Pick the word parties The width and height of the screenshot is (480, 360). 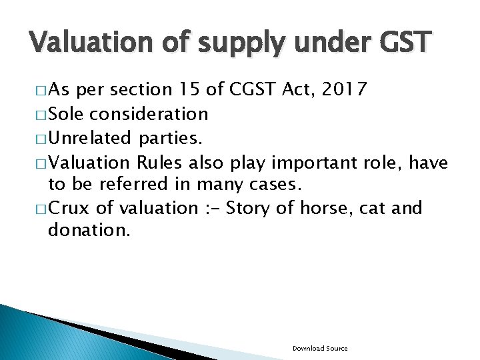tap(169, 138)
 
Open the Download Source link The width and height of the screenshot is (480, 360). tap(320, 348)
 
